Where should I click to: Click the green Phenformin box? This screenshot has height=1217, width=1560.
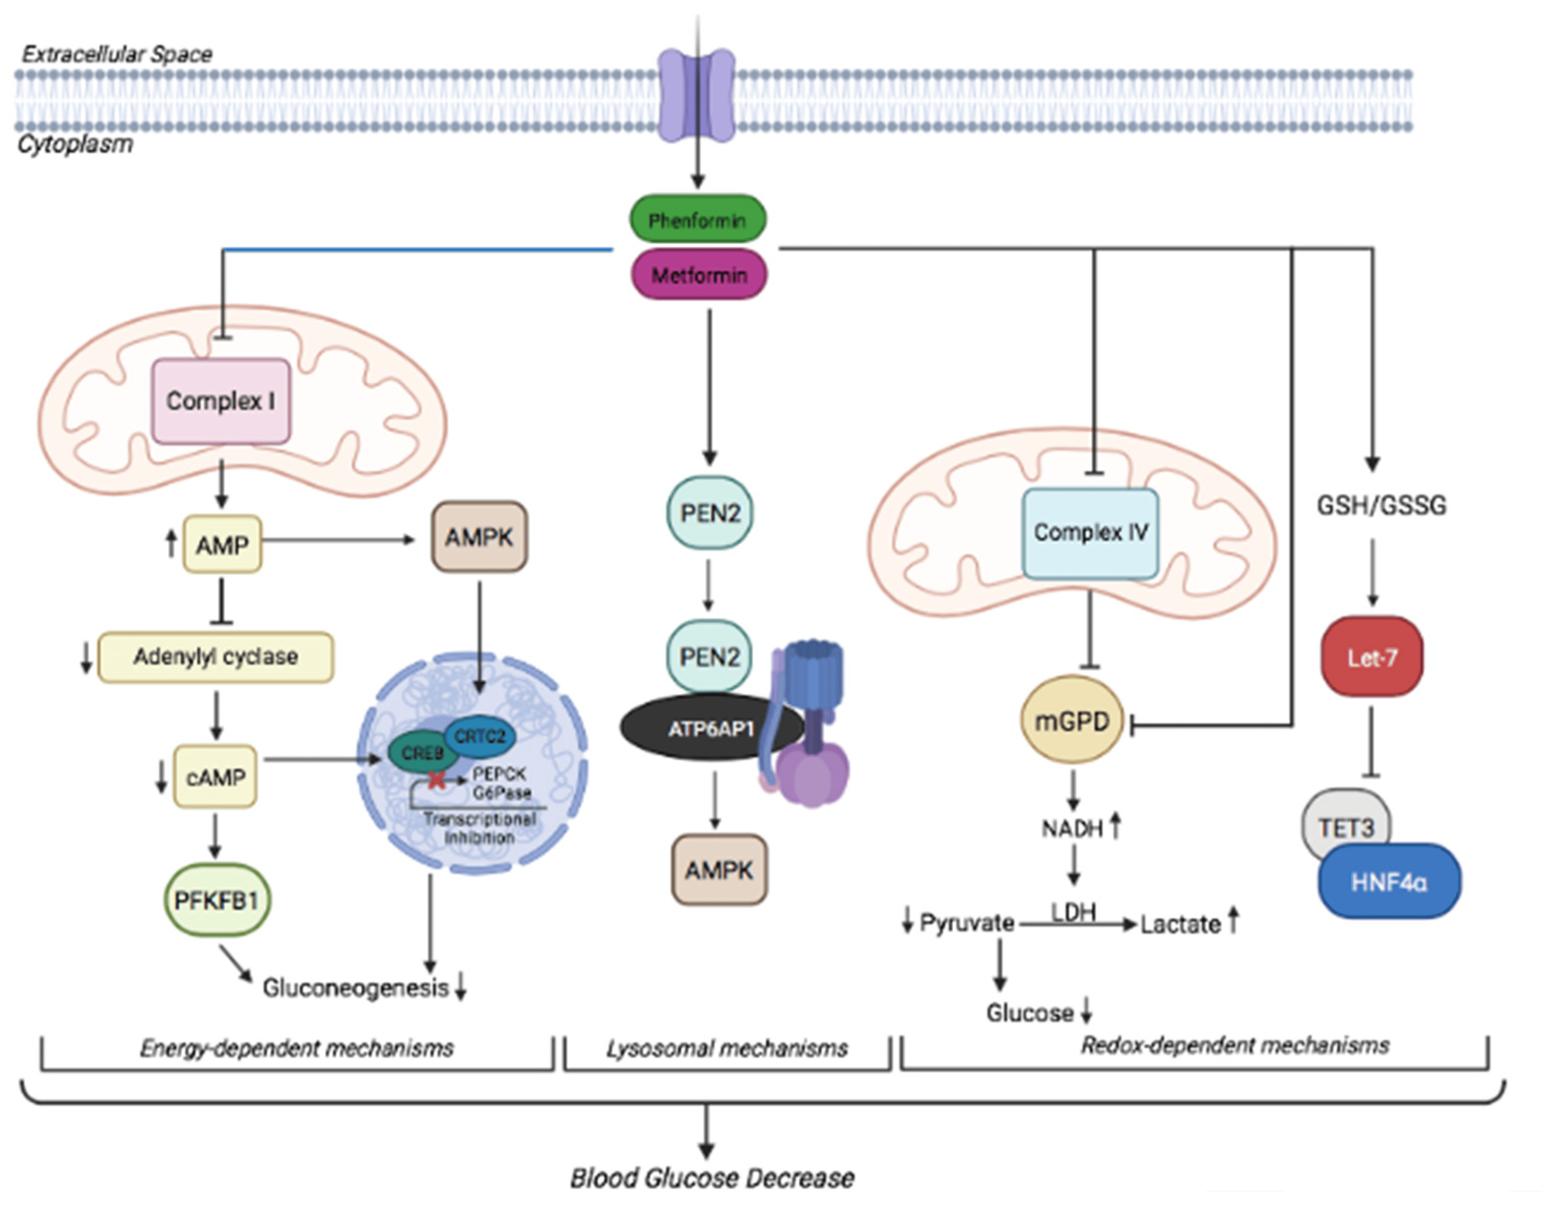697,219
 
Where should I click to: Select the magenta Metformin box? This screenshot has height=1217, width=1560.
699,275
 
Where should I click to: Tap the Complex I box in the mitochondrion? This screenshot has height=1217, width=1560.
221,401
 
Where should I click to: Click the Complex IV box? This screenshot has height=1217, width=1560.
1090,532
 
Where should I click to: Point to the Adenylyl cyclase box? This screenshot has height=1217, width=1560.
215,657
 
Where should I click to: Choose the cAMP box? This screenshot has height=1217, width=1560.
215,777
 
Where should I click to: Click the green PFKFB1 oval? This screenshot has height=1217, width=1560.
216,900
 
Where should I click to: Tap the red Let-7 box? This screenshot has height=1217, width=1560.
1371,657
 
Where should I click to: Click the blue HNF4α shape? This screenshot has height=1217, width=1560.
1388,882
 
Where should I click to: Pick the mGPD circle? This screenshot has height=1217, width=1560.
1072,721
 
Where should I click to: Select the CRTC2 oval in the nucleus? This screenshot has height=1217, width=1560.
480,736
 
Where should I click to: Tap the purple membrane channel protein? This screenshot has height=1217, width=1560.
697,95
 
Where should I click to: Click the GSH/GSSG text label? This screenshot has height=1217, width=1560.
1382,506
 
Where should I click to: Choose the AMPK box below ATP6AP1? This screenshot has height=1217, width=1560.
719,870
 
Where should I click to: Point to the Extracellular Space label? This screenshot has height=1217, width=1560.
117,54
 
